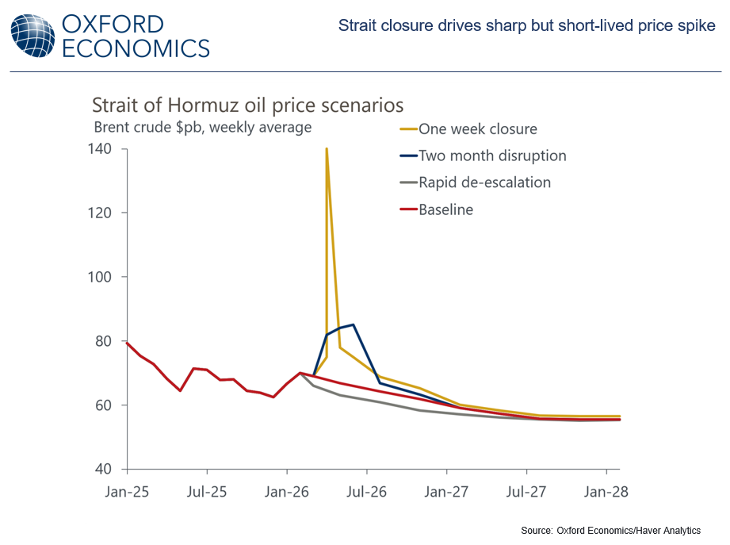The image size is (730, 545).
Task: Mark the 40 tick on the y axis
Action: point(108,469)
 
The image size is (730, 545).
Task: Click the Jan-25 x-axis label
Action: point(127,491)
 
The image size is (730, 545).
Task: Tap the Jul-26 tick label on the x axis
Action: point(367,491)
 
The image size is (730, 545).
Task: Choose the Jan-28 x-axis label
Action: point(606,491)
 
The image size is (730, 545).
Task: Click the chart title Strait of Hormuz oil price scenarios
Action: point(247,106)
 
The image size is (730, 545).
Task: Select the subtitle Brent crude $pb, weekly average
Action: point(202,127)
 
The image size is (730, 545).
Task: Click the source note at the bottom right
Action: point(610,530)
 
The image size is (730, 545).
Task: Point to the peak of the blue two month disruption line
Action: point(353,324)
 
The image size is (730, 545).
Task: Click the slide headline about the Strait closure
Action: point(526,26)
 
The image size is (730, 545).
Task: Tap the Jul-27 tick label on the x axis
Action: point(526,491)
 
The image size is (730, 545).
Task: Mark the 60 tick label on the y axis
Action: point(108,405)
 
